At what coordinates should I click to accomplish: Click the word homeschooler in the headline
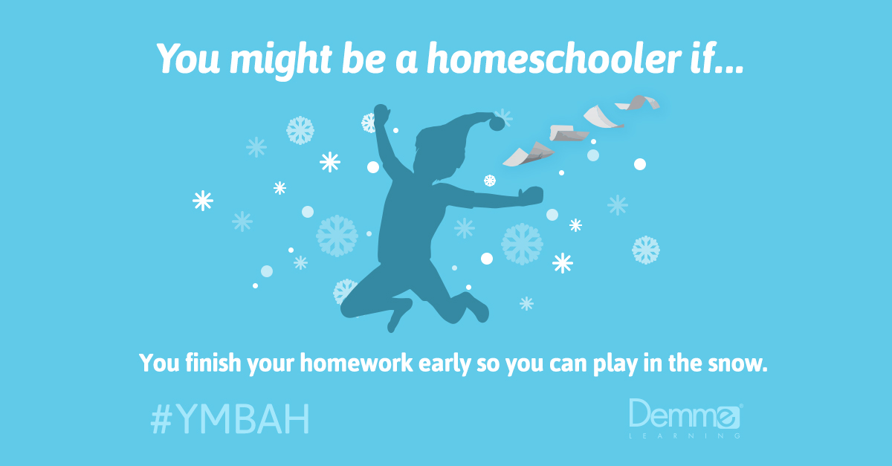[x=520, y=58]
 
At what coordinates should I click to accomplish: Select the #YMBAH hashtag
[x=230, y=419]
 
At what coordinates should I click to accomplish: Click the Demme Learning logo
[x=685, y=416]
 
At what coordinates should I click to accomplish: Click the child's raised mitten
[x=381, y=114]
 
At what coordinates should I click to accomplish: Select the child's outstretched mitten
[x=531, y=195]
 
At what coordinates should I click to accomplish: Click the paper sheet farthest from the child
[x=639, y=102]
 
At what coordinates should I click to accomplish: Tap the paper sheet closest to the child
[x=528, y=154]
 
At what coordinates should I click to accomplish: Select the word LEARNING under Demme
[x=684, y=436]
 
